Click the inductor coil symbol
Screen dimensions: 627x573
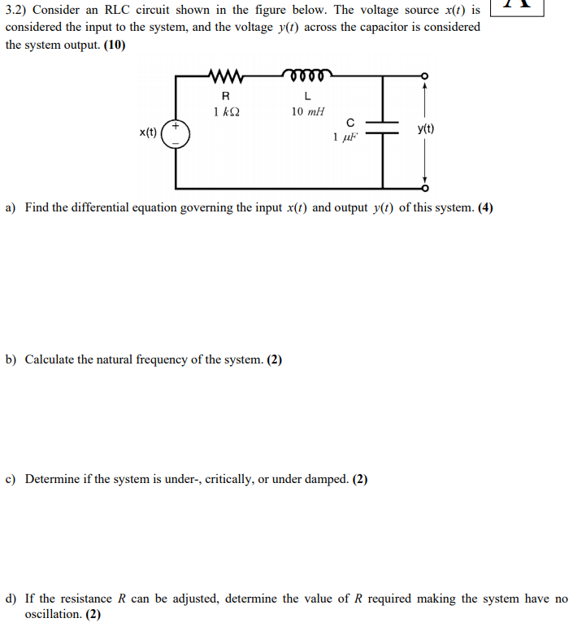click(306, 76)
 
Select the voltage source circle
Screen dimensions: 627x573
click(176, 133)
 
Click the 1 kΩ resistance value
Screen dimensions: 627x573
click(226, 111)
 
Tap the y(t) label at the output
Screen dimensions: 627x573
click(425, 128)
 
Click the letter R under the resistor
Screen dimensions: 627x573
click(225, 96)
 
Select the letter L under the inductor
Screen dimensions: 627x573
click(306, 96)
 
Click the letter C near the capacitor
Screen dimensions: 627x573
click(349, 122)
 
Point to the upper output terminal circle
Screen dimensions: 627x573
click(423, 77)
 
